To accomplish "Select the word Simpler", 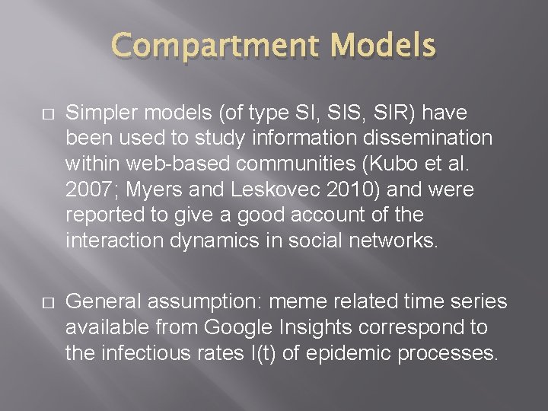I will [96, 113].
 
